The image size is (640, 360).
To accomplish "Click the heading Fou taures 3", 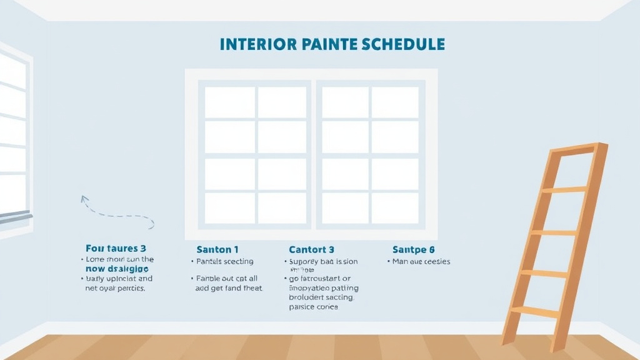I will (116, 249).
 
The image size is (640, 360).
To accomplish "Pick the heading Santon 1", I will (217, 249).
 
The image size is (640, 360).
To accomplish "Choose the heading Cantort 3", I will (311, 249).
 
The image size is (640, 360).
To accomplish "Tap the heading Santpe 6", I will (413, 249).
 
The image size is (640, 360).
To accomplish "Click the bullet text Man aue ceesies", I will (421, 261).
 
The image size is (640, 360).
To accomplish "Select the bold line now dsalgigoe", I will (117, 269).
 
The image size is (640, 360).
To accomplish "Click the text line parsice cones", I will (314, 307).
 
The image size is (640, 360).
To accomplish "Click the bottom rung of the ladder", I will (534, 311).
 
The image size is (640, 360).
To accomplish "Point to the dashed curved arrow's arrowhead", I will (83, 199).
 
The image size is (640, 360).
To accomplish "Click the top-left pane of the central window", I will (229, 102).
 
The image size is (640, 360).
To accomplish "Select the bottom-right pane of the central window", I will (395, 207).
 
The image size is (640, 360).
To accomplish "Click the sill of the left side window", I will (16, 217).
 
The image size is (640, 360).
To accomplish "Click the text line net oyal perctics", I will (115, 289).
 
